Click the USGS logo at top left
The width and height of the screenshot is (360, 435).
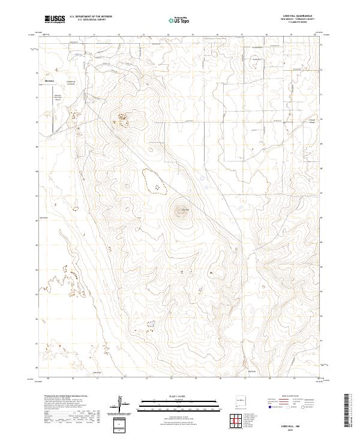click(x=55, y=19)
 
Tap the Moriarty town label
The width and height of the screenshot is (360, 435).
click(x=50, y=80)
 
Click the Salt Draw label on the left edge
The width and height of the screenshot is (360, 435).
click(x=43, y=218)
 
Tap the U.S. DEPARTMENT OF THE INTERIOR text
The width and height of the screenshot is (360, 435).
click(x=89, y=17)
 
